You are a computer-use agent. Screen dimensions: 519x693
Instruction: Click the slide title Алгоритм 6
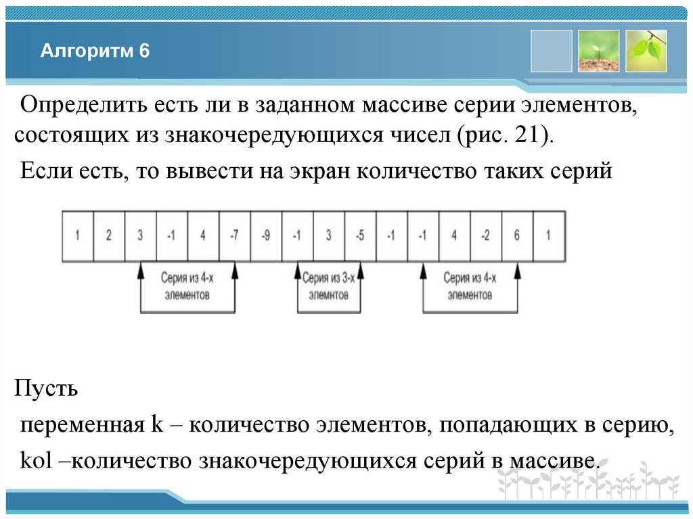tap(94, 51)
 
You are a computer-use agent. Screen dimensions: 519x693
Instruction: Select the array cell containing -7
tap(234, 236)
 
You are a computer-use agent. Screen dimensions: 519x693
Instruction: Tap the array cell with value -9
tap(266, 236)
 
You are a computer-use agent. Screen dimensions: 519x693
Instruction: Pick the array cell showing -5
tap(360, 236)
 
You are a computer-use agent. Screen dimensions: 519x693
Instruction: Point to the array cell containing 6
tap(517, 236)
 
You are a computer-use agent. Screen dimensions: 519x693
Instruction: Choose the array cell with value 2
tap(108, 236)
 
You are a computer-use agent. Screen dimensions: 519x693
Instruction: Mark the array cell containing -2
tap(486, 236)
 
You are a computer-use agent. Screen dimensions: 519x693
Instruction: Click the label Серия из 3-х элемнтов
tap(329, 286)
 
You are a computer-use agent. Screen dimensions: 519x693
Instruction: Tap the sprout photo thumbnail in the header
tap(598, 51)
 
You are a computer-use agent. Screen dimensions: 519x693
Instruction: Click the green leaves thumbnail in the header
tap(646, 51)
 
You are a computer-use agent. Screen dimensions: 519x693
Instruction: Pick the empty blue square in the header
tap(552, 51)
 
